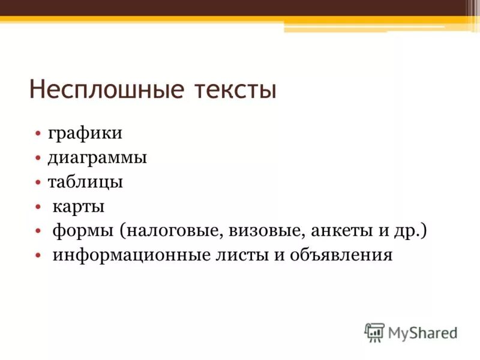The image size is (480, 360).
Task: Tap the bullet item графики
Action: [85, 134]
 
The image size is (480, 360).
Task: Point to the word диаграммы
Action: [97, 158]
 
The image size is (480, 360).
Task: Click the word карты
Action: [79, 207]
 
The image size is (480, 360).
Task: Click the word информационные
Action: [131, 256]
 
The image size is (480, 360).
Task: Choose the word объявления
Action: [341, 256]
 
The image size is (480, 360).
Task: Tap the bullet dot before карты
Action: [37, 208]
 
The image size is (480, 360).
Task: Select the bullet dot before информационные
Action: [37, 256]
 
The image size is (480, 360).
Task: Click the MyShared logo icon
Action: [374, 332]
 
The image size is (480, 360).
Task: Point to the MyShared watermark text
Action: [422, 332]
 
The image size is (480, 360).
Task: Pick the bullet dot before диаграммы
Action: [37, 159]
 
